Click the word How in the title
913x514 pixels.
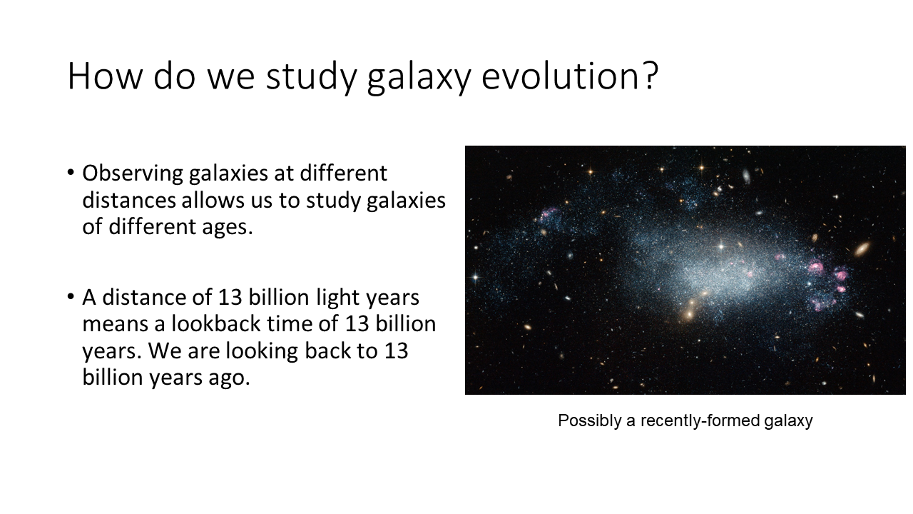[x=105, y=76]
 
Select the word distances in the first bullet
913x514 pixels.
[x=129, y=201]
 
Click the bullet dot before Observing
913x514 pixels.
[x=71, y=173]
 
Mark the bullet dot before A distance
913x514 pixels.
[x=71, y=296]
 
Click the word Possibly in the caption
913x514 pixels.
[x=589, y=421]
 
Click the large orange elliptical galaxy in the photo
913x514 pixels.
[x=862, y=248]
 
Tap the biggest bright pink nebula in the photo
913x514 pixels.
[x=815, y=267]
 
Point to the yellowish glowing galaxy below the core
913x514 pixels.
[x=690, y=313]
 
